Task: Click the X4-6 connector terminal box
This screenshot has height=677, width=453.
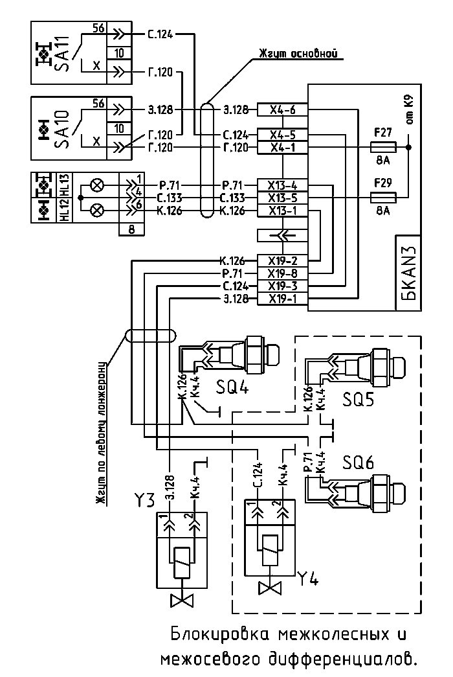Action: point(283,109)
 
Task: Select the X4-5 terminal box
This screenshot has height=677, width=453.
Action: point(283,135)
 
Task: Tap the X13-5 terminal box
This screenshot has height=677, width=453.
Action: point(283,198)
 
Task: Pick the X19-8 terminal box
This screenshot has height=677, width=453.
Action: point(283,273)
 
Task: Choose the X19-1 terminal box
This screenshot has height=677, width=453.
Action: point(283,299)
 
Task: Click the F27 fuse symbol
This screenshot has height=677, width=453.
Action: point(383,147)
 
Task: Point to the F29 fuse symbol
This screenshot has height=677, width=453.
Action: point(383,198)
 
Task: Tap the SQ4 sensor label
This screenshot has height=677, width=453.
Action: point(232,387)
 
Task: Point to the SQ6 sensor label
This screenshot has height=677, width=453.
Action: point(358,463)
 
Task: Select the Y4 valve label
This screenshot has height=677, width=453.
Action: point(308,579)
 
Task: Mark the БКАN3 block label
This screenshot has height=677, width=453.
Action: point(409,274)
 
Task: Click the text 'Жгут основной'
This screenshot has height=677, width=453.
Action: point(297,54)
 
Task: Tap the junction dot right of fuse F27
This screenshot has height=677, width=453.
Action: point(408,147)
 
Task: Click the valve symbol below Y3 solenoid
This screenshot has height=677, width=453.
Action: point(182,601)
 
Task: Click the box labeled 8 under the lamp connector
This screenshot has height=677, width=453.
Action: point(131,229)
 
